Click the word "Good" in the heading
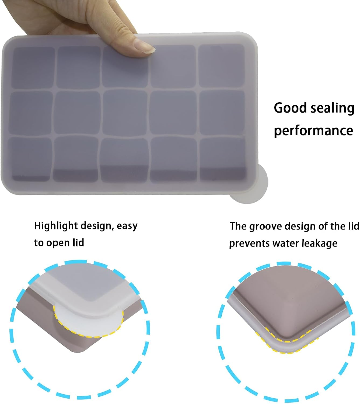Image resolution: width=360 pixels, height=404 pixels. pos(290,108)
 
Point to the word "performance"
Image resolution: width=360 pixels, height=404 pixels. pos(314,131)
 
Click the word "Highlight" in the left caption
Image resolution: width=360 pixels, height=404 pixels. pos(56,226)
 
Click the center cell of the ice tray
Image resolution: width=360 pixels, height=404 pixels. pos(125,113)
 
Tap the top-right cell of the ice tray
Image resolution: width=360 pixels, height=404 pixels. pos(221,65)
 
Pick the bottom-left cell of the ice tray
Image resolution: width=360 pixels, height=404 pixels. pos(30,159)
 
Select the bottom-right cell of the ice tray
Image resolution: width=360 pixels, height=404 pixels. pos(223,159)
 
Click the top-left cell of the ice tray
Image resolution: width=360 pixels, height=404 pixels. pos(33,68)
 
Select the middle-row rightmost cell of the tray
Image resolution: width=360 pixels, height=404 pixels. pos(222,113)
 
